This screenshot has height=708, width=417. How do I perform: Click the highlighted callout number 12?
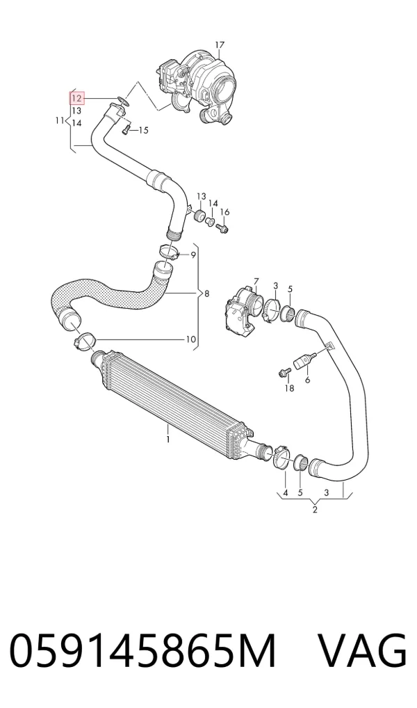click(76, 98)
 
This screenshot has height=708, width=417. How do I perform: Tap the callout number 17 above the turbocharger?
click(220, 45)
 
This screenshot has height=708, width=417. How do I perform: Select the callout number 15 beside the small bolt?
click(143, 131)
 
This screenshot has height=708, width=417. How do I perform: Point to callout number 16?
click(224, 212)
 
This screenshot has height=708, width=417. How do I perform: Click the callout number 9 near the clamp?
click(193, 255)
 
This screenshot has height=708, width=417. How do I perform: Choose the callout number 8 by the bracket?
click(206, 294)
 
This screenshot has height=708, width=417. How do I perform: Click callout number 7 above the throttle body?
click(256, 282)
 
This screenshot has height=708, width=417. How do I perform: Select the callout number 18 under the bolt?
click(289, 388)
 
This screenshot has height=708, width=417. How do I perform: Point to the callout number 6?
click(307, 380)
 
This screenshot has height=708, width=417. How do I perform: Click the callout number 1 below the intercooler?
click(168, 439)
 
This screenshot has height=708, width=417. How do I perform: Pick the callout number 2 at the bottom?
click(315, 510)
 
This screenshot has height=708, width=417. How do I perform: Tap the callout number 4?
click(285, 492)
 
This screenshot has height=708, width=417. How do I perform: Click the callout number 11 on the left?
click(60, 120)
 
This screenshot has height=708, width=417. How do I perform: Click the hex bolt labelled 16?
click(223, 229)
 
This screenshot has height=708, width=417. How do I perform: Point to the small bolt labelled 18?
click(284, 373)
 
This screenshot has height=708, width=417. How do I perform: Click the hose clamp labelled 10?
click(84, 341)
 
